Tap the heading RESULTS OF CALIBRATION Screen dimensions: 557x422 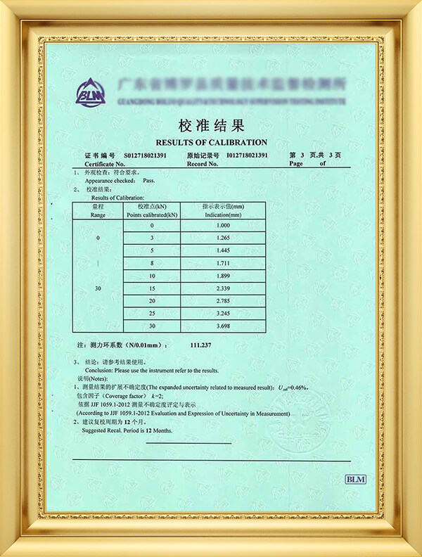211,142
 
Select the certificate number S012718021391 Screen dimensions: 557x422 146,155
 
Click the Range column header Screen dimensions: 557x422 98,211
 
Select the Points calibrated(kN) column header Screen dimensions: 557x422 152,211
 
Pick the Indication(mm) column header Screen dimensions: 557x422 223,211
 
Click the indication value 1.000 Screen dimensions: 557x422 223,225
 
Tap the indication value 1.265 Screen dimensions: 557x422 223,238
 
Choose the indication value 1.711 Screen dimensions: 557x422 223,264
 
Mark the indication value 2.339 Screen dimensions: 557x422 223,289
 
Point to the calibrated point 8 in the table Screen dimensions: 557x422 152,264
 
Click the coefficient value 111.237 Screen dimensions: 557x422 202,345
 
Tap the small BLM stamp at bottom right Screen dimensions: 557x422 355,479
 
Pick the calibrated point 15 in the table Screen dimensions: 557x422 152,289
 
